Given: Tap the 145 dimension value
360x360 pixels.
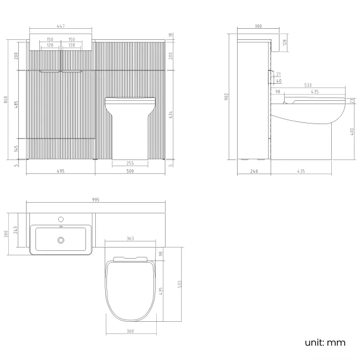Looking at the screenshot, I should point(17,148).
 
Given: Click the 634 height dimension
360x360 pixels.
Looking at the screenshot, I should point(172,115).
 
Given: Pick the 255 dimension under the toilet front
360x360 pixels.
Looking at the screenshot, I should point(130,163).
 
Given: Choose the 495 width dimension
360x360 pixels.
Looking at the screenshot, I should point(60,171).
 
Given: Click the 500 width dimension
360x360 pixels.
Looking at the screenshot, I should point(130,171).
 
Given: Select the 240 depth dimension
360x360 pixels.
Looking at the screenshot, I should point(254,171).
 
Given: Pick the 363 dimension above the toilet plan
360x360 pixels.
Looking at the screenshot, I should point(130,239).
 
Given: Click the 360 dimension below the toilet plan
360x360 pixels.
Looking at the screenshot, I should point(130,331).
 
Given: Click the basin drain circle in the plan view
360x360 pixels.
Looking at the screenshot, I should point(60,240).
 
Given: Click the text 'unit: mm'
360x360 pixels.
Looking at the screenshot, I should point(325,342).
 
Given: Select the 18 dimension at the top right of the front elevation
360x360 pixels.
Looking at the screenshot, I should point(172,35).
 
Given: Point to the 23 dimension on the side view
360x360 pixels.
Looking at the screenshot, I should point(353,101).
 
